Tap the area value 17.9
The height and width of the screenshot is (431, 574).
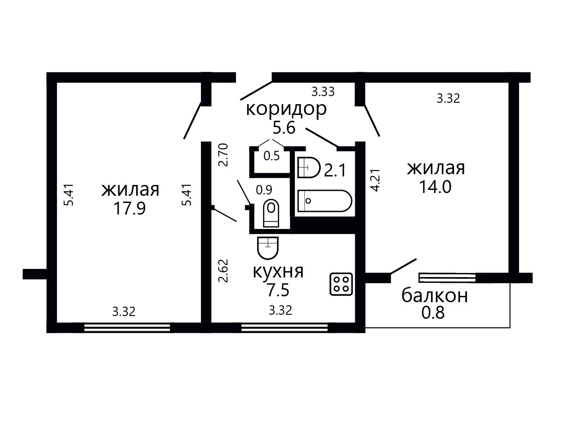pyautogui.click(x=130, y=209)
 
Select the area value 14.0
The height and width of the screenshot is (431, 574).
pyautogui.click(x=435, y=187)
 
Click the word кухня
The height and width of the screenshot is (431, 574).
pyautogui.click(x=278, y=272)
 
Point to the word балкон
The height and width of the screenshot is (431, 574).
pyautogui.click(x=435, y=296)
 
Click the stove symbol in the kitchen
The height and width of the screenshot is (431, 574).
pyautogui.click(x=341, y=284)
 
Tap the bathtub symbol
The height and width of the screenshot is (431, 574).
pyautogui.click(x=325, y=201)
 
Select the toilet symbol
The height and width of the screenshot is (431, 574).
pyautogui.click(x=271, y=213)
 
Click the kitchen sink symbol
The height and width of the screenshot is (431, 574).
pyautogui.click(x=268, y=248)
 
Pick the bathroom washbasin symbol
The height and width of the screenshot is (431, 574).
pyautogui.click(x=309, y=167)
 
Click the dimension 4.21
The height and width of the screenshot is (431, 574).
pyautogui.click(x=375, y=180)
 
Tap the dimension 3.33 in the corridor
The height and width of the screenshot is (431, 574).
pyautogui.click(x=323, y=92)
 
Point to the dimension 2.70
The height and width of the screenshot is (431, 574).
pyautogui.click(x=224, y=155)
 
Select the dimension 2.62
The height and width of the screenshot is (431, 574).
pyautogui.click(x=224, y=271)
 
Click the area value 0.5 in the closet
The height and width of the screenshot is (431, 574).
pyautogui.click(x=271, y=156)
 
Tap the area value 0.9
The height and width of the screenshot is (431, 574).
pyautogui.click(x=264, y=190)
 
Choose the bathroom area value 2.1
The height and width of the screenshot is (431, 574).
pyautogui.click(x=335, y=170)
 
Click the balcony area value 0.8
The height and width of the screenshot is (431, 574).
pyautogui.click(x=433, y=312)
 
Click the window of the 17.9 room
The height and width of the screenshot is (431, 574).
pyautogui.click(x=127, y=328)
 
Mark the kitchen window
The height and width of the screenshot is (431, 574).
pyautogui.click(x=285, y=328)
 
